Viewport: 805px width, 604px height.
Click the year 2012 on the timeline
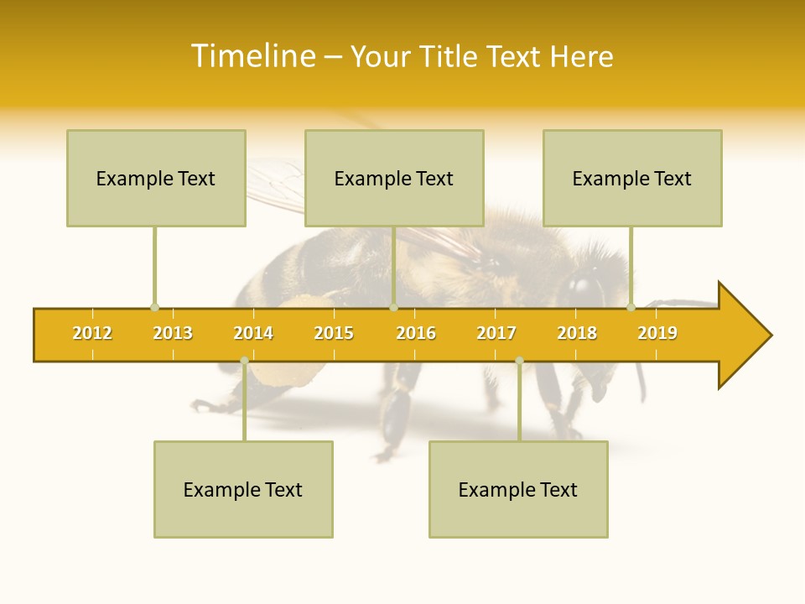click(x=92, y=333)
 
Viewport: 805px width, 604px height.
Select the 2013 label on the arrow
click(x=173, y=333)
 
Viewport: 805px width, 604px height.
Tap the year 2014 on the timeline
click(x=253, y=333)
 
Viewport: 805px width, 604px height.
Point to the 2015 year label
click(x=334, y=333)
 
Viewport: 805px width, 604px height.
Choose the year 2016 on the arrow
click(x=416, y=333)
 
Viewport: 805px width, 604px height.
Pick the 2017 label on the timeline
click(x=496, y=333)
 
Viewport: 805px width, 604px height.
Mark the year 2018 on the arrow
click(x=577, y=333)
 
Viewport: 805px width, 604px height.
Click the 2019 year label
click(x=657, y=333)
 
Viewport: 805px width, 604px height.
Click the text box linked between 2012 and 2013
click(x=156, y=178)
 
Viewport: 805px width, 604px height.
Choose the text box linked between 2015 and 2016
click(x=394, y=178)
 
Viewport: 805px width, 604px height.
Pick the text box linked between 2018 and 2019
click(x=632, y=178)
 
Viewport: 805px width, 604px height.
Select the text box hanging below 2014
click(x=243, y=489)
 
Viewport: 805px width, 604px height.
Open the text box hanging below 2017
click(x=518, y=489)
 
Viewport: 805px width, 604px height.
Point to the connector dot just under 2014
click(x=244, y=361)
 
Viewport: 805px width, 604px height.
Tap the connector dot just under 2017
click(x=519, y=361)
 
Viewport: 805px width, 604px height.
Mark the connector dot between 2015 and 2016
click(x=393, y=308)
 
